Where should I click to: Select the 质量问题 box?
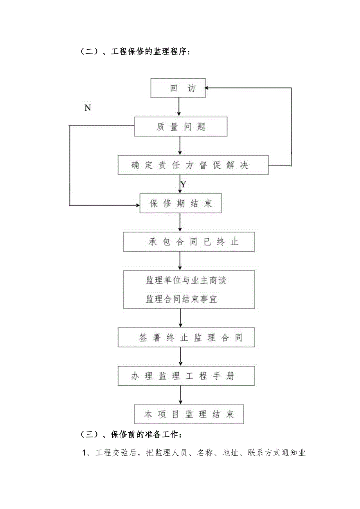(x=181, y=126)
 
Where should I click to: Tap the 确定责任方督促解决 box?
(x=193, y=165)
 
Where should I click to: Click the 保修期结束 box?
(x=181, y=204)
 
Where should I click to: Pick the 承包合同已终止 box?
(x=189, y=242)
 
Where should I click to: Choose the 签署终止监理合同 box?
(x=186, y=338)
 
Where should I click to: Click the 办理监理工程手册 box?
(x=186, y=376)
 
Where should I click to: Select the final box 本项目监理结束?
(x=189, y=414)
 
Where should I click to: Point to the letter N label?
(x=88, y=108)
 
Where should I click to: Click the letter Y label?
(x=183, y=184)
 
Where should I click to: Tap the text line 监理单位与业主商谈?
(x=186, y=281)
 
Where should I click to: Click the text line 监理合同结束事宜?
(x=182, y=299)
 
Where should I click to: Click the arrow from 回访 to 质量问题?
(x=179, y=107)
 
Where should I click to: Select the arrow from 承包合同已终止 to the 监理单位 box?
(x=180, y=261)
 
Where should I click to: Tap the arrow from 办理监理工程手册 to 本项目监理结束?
(x=180, y=395)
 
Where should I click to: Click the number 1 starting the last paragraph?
(x=84, y=453)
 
